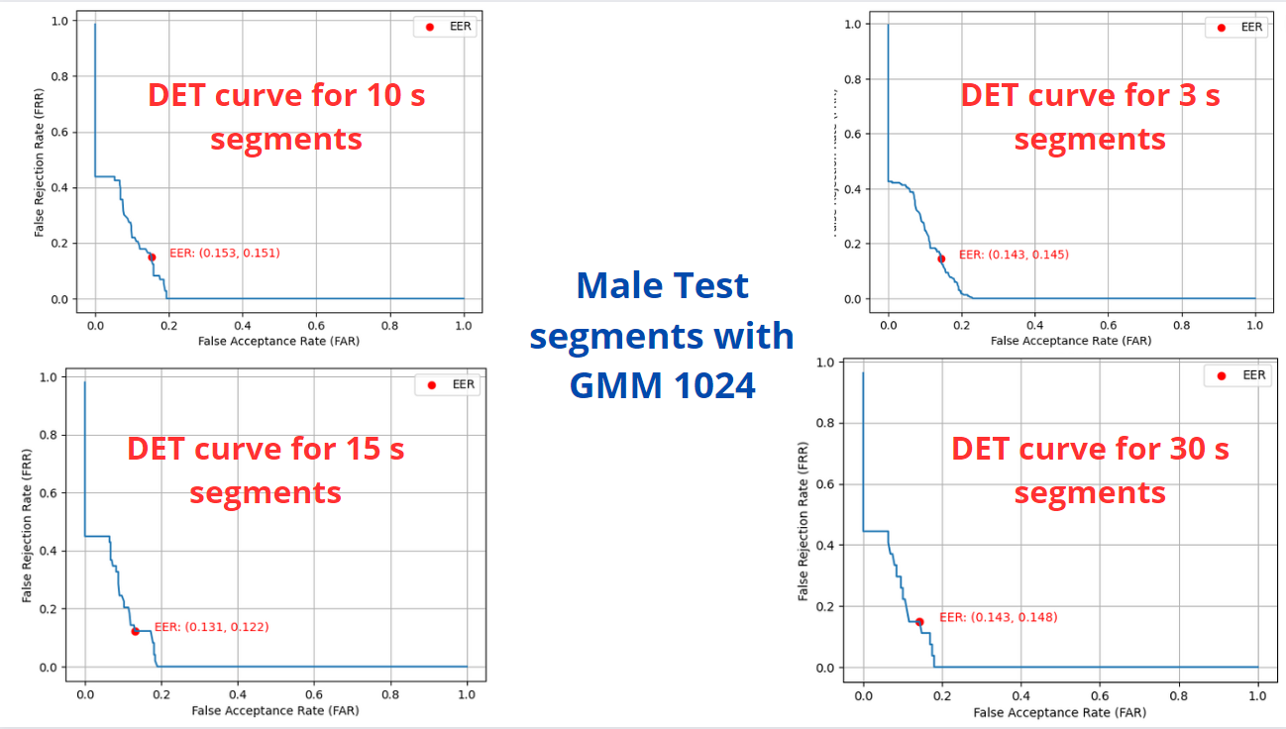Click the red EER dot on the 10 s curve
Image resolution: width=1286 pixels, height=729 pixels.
(x=152, y=257)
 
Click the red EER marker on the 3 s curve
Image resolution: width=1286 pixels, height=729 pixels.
(x=941, y=259)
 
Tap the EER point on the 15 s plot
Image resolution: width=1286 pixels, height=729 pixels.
(x=135, y=631)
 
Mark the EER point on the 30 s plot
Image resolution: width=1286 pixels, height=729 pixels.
(x=919, y=622)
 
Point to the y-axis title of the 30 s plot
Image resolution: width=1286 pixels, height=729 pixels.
(x=804, y=514)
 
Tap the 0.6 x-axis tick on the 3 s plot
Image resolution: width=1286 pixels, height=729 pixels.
(x=1109, y=322)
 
